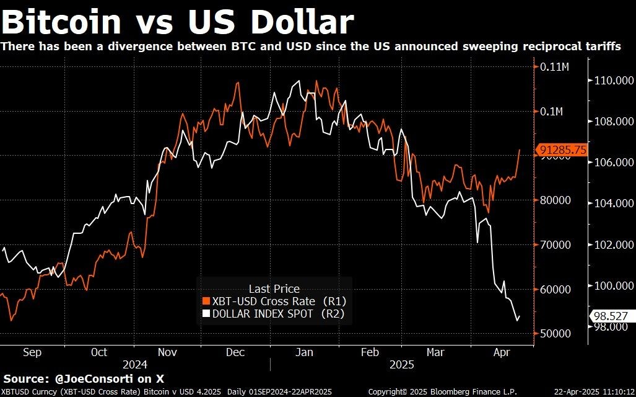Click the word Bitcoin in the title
tap(62, 22)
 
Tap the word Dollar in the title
tap(302, 22)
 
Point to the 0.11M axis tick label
tap(552, 67)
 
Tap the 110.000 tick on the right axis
tap(611, 81)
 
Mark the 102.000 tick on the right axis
tap(611, 244)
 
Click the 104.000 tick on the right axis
tap(611, 203)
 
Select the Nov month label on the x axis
tap(167, 352)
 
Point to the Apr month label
tap(502, 352)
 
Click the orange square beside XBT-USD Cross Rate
tap(206, 301)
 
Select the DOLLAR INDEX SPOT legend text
tap(262, 314)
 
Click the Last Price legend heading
tap(274, 288)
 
